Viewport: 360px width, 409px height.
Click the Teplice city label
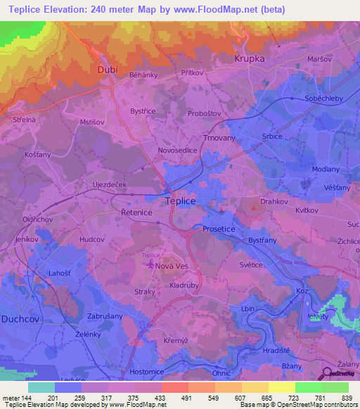coord(180,200)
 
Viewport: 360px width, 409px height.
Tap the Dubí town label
coord(106,70)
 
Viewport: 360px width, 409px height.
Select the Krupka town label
coord(250,59)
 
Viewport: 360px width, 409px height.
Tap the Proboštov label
coord(203,113)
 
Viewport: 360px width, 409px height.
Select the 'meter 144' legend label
coord(15,398)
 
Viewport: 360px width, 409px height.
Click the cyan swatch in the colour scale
coord(41,387)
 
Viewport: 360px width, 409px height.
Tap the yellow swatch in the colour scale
coord(281,387)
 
